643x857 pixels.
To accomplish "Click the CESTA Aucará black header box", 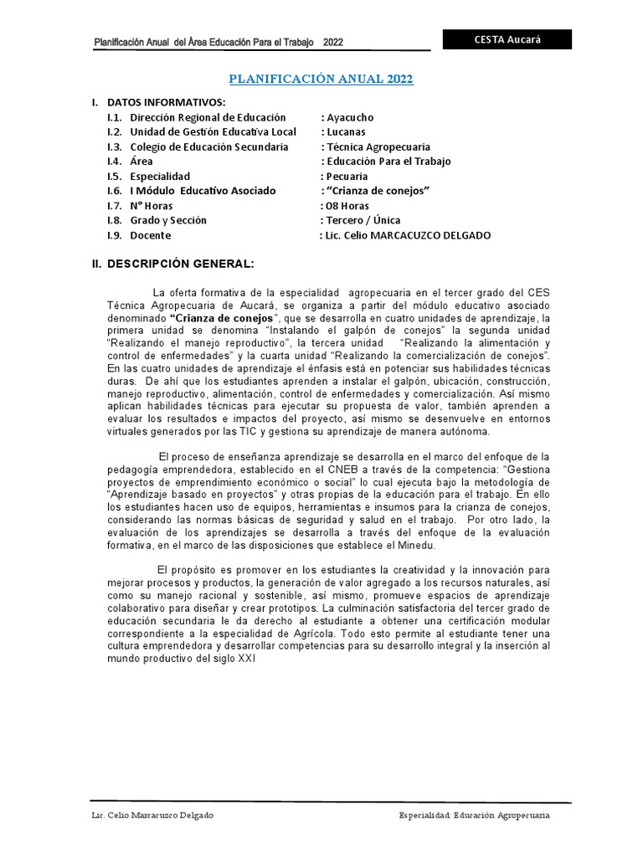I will [x=507, y=40].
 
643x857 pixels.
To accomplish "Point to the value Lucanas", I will [x=346, y=132].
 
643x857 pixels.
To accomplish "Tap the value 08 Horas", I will [x=347, y=206].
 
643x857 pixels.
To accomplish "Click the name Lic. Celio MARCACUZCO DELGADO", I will [x=408, y=235].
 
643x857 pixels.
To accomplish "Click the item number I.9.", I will [x=115, y=235].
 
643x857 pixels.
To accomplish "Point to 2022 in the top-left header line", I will [x=332, y=42].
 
